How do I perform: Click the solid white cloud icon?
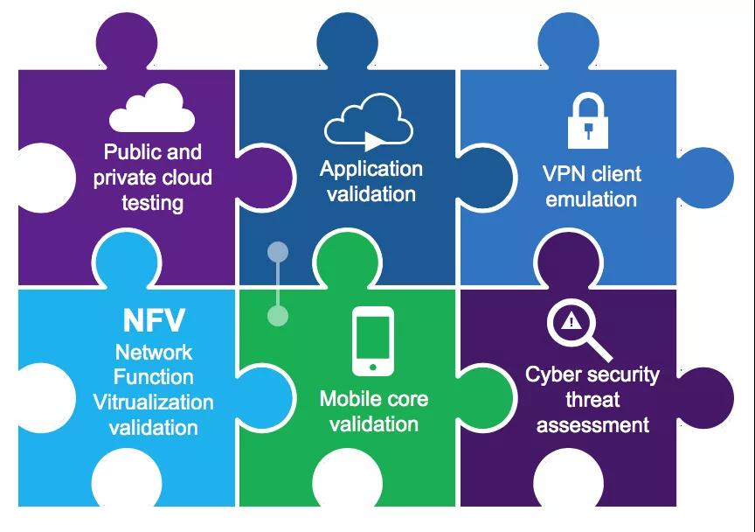click(153, 108)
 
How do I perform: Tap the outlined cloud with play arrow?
click(369, 121)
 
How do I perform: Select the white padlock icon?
click(592, 121)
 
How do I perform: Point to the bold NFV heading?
click(153, 320)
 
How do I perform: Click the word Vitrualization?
click(153, 402)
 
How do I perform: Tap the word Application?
click(371, 169)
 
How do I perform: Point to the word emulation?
click(592, 199)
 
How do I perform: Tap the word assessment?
click(592, 425)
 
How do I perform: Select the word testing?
click(153, 203)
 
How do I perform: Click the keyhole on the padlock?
click(592, 132)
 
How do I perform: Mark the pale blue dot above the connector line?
click(278, 254)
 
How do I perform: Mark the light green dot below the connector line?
click(278, 315)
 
